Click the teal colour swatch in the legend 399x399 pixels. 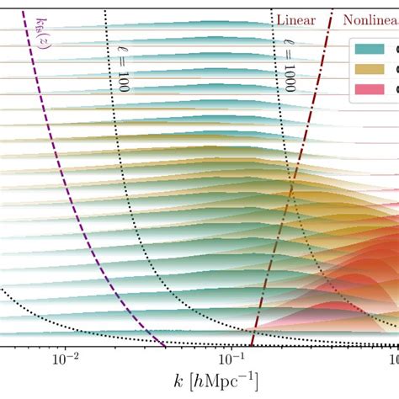370,49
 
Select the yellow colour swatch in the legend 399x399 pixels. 370,69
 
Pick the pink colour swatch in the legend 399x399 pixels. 370,88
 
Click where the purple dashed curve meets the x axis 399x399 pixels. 164,346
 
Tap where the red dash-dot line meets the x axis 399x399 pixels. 251,346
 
